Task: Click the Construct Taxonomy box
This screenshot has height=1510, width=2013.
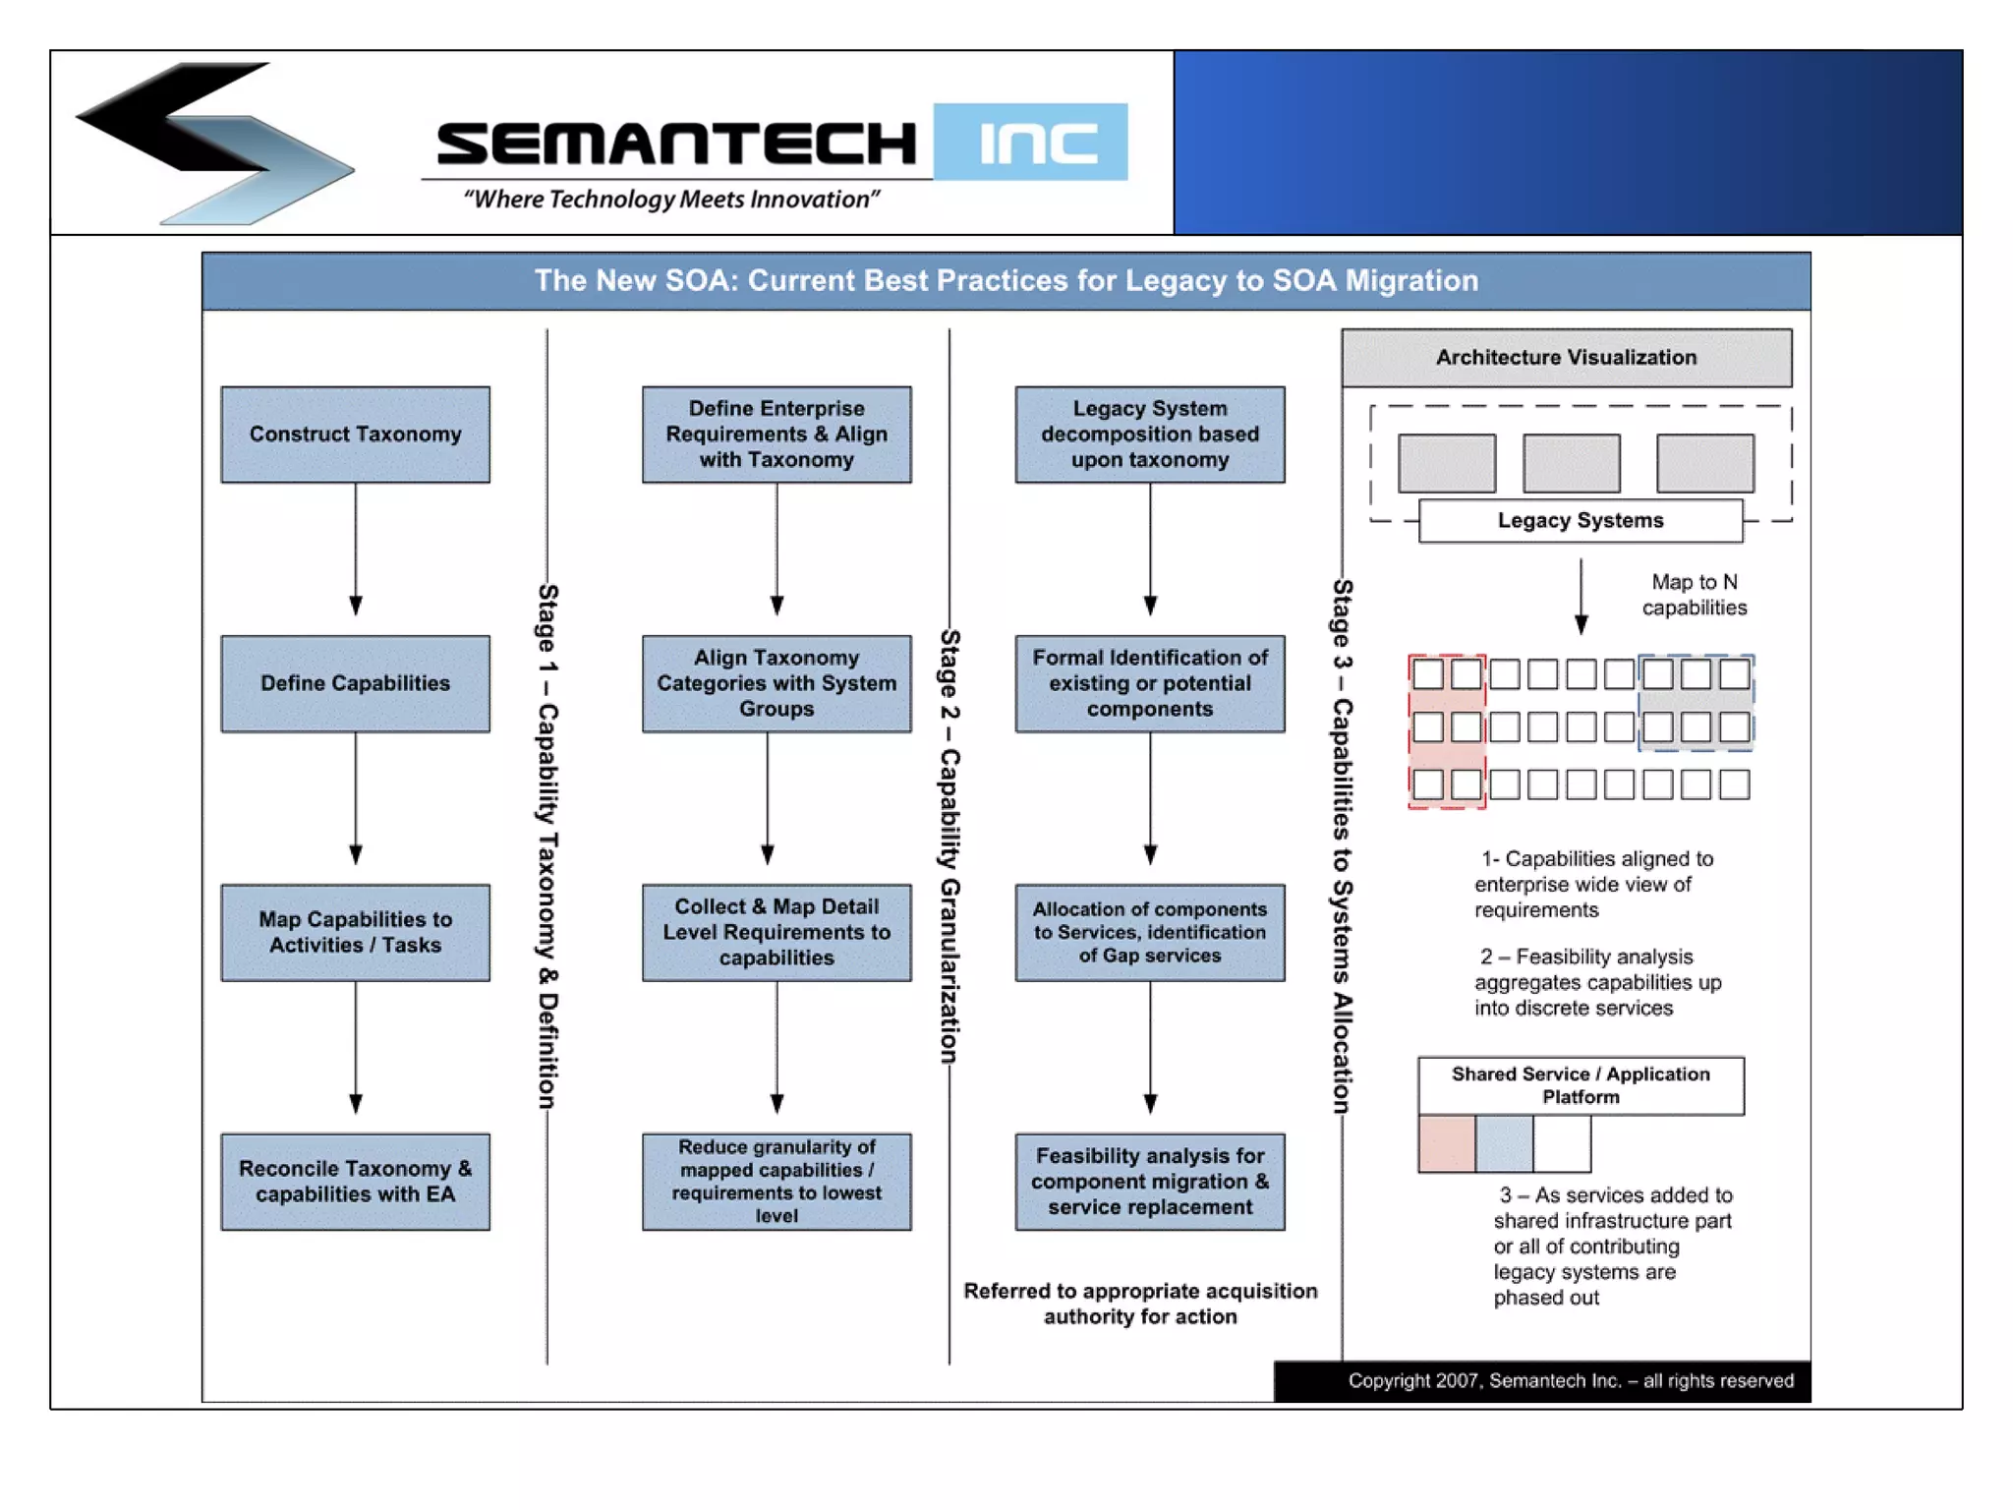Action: point(355,435)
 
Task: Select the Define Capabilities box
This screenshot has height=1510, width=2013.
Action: point(355,683)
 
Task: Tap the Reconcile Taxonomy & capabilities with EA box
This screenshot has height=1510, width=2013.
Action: point(355,1182)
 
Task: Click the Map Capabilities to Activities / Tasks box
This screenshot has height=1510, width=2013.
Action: point(355,932)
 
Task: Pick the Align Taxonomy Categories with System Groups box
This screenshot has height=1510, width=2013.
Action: point(776,683)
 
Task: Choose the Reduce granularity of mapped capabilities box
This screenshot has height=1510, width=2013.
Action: point(776,1182)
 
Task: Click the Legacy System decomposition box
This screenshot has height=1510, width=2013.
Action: point(1150,435)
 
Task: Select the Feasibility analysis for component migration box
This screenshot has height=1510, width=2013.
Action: point(1150,1182)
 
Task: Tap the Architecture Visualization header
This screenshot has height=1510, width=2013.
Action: point(1566,358)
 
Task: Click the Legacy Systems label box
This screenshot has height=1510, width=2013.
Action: point(1581,521)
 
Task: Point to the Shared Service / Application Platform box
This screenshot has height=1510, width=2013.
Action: point(1581,1085)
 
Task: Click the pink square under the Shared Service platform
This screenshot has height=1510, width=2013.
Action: point(1446,1144)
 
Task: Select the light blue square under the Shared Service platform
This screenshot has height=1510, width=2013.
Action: point(1504,1144)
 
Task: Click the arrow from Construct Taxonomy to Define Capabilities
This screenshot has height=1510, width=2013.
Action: point(356,551)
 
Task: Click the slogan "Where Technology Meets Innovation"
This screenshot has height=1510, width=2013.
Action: point(671,200)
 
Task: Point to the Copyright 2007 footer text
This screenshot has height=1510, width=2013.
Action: point(1570,1381)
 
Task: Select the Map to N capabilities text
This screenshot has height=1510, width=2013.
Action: point(1694,595)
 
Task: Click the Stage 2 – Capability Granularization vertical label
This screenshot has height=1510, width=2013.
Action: point(949,845)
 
